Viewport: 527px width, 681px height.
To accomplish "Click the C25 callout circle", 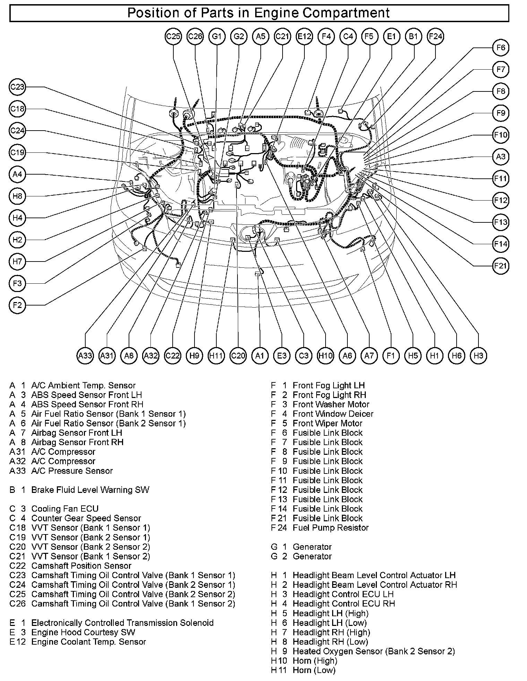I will pos(173,36).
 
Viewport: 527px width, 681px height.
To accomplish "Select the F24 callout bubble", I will pos(435,36).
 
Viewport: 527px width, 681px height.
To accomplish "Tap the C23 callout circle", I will pos(17,87).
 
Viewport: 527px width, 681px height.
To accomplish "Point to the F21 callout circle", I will pos(501,266).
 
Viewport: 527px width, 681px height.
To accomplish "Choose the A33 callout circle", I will pos(85,355).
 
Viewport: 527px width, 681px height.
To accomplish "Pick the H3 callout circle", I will pos(478,355).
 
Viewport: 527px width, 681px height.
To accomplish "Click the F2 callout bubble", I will pos(17,305).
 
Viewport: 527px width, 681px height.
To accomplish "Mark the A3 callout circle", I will pos(501,157).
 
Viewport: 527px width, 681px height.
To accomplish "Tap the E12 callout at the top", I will pos(304,36).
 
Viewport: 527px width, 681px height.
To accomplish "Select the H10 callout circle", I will pos(325,355).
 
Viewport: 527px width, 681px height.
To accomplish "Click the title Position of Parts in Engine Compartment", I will pos(259,13).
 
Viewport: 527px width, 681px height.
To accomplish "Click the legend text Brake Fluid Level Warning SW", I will pos(90,490).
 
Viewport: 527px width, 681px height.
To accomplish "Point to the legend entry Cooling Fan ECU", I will pos(65,509).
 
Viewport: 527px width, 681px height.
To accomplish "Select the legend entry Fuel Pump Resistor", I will pos(330,528).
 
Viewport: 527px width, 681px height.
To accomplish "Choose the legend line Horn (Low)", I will pos(314,670).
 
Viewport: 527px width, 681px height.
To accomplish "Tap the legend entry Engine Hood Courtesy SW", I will pos(83,632).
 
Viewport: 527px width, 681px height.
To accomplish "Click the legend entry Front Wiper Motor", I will pos(327,423).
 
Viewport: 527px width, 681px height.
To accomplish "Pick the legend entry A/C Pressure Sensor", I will pos(72,471).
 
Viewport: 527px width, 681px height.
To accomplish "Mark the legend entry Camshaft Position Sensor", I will pos(81,566).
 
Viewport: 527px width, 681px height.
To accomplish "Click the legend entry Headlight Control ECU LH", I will pos(343,594).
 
